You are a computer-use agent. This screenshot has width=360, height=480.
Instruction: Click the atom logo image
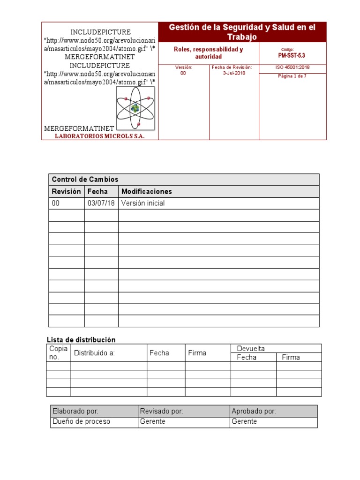click(135, 108)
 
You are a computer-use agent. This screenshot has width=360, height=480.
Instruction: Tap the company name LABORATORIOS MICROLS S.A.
click(100, 136)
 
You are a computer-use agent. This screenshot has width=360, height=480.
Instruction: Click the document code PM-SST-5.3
click(292, 55)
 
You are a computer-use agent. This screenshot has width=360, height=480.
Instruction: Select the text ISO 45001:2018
click(292, 67)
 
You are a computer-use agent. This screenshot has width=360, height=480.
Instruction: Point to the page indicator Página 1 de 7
click(292, 76)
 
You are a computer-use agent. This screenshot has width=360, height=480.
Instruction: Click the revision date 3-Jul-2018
click(234, 73)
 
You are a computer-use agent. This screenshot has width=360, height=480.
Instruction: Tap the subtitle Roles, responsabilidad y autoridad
click(208, 53)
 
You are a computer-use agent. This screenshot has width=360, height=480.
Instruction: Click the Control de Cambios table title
click(85, 180)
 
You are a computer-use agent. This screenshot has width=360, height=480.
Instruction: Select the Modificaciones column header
click(147, 191)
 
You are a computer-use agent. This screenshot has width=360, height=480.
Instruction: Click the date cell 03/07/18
click(101, 203)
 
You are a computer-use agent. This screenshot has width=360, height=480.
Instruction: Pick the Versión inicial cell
click(143, 203)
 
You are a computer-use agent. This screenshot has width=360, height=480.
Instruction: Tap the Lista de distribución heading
click(81, 340)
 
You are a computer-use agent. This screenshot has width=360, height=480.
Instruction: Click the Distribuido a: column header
click(94, 353)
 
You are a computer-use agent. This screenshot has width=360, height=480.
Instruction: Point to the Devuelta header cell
click(251, 348)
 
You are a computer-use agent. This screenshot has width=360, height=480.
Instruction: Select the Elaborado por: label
click(75, 411)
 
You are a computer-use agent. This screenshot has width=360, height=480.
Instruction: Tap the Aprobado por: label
click(254, 411)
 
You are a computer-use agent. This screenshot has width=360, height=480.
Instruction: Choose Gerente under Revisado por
click(153, 421)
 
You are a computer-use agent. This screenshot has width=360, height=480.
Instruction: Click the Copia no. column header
click(59, 352)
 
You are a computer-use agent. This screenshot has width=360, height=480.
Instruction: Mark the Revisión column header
click(66, 191)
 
